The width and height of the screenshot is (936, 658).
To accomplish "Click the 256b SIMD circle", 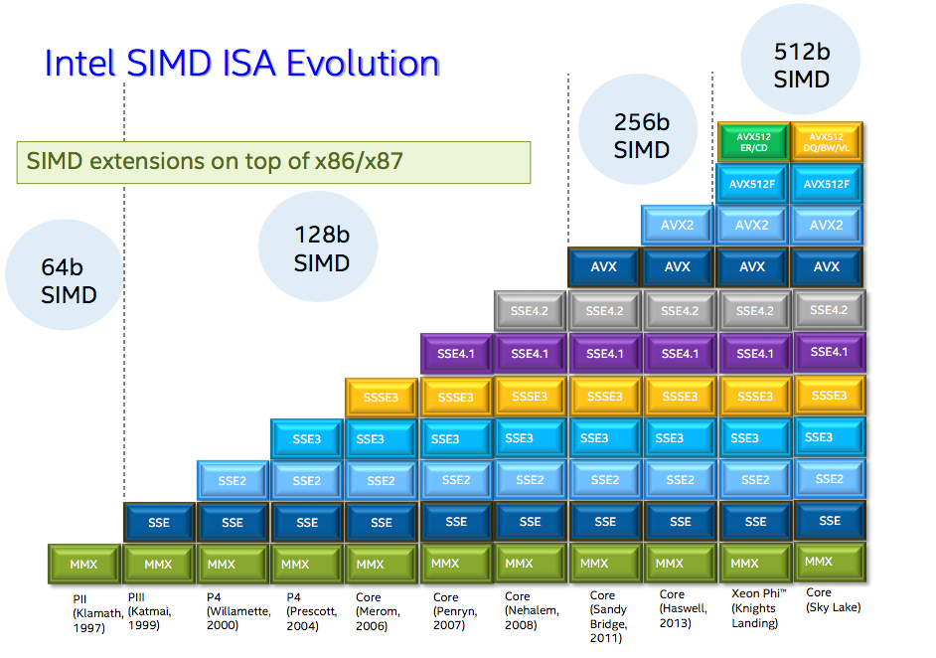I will coord(641,136).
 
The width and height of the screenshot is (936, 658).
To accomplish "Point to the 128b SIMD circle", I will coord(321,248).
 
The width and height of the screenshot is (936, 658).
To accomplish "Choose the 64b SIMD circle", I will coord(69,281).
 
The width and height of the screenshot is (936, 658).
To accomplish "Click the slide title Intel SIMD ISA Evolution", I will coord(242,63).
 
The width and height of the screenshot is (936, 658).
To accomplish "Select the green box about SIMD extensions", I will coord(273,162).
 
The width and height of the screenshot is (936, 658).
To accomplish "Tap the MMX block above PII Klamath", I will coord(83,565).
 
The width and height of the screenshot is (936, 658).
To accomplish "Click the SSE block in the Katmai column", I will coord(159,522).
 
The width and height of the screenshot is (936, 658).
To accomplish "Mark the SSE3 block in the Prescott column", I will coord(307,438).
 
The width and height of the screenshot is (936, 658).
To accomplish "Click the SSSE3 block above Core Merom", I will coord(381,397).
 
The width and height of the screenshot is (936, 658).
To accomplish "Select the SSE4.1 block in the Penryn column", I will coord(456,353).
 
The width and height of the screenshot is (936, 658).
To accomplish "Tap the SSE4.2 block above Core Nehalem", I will coord(530,311).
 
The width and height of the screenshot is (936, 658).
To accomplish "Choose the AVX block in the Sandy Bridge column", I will coord(604,267).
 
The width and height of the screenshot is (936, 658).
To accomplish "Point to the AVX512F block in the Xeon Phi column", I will coord(752,184).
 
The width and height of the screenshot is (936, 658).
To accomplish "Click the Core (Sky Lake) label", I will coord(833,600).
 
